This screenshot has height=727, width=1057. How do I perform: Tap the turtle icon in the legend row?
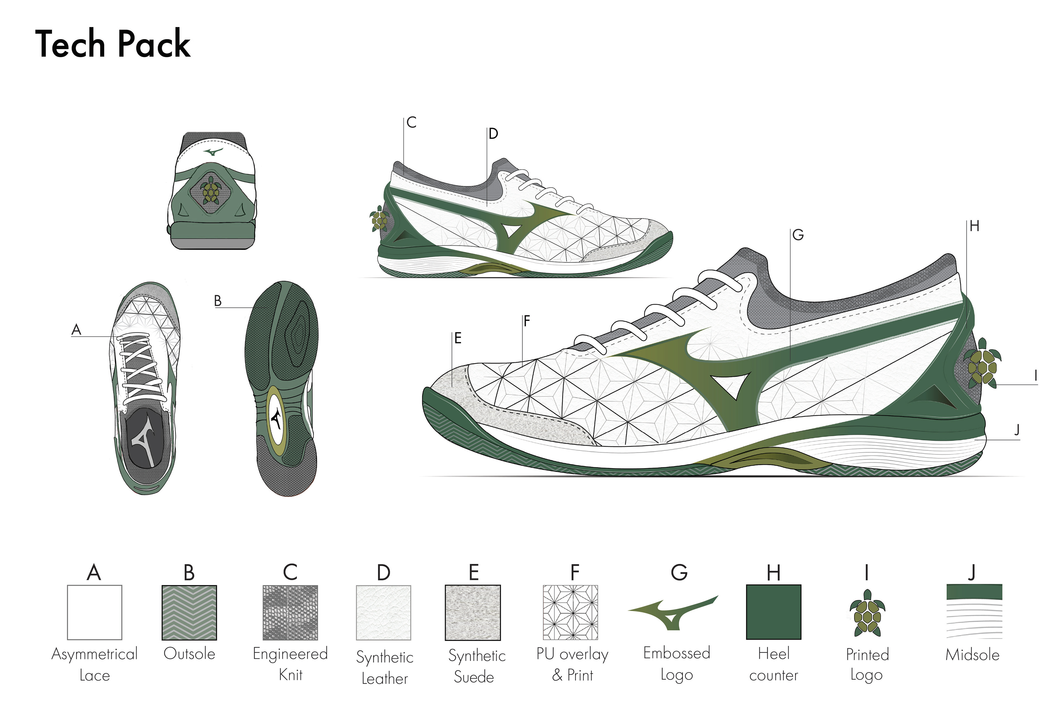click(x=867, y=613)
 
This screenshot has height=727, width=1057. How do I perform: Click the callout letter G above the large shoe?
click(x=798, y=235)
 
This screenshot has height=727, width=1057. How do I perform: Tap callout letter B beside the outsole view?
click(x=217, y=301)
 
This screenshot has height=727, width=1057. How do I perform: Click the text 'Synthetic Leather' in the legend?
click(x=384, y=667)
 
